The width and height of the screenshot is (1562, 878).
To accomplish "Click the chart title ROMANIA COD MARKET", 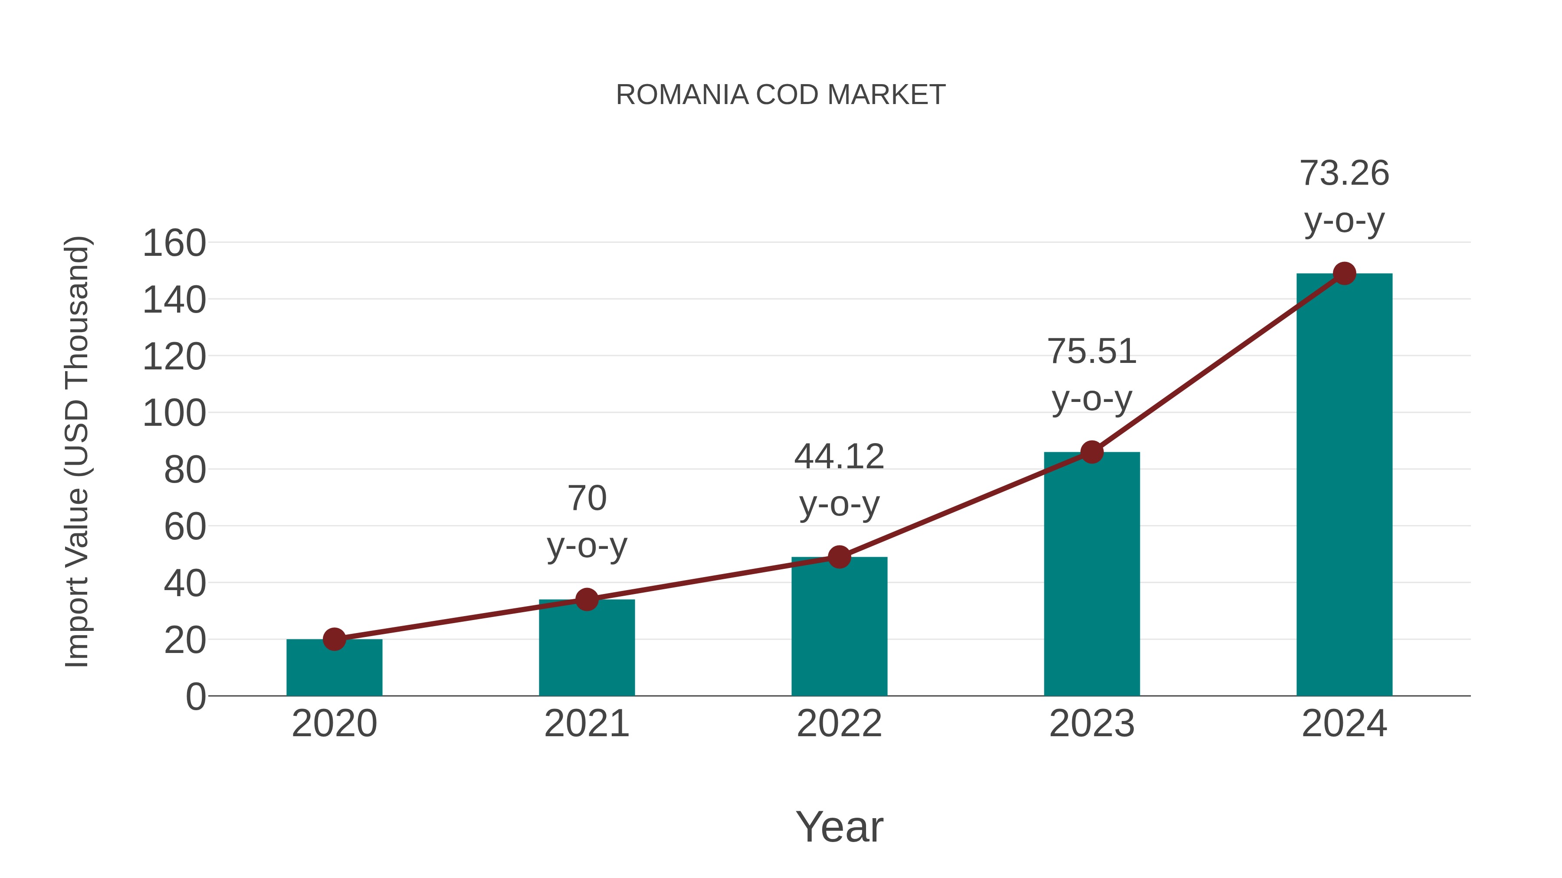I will pyautogui.click(x=781, y=95).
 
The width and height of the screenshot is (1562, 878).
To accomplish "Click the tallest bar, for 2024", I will pyautogui.click(x=1344, y=485).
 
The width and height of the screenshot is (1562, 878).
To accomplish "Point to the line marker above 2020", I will pyautogui.click(x=334, y=639).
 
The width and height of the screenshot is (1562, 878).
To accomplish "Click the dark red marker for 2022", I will pyautogui.click(x=839, y=557).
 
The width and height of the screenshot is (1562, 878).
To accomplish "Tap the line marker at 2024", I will pyautogui.click(x=1344, y=273).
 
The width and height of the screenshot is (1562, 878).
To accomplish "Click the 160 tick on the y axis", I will pyautogui.click(x=174, y=244).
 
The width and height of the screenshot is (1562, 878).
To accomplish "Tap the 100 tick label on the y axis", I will pyautogui.click(x=174, y=414).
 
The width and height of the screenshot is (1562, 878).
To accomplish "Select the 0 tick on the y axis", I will pyautogui.click(x=195, y=697).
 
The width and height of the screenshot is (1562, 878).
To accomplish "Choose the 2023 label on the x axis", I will pyautogui.click(x=1092, y=724).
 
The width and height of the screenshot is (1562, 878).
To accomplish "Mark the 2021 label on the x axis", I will pyautogui.click(x=586, y=724).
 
